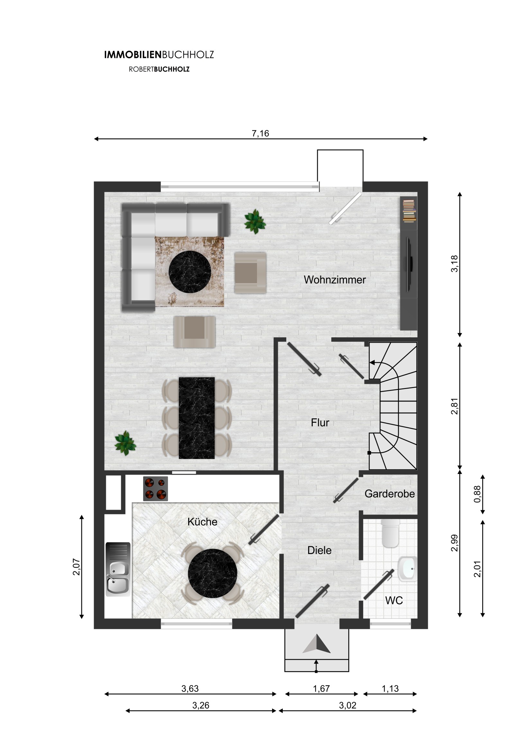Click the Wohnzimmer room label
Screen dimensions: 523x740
coord(335,280)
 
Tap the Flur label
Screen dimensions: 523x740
coord(320,422)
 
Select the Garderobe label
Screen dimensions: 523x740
coord(390,494)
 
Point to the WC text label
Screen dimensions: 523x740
coord(394,600)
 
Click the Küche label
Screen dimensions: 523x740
coord(202,522)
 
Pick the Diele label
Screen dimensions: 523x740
coord(319,550)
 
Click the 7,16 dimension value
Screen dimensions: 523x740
coord(260,134)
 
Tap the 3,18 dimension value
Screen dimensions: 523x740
coord(454,264)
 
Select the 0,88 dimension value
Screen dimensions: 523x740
coord(477,494)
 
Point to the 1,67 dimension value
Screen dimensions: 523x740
coord(321,689)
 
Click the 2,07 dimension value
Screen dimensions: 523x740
coord(76,567)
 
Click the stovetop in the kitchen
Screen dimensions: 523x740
coord(156,489)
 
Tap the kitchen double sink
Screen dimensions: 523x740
coord(118,569)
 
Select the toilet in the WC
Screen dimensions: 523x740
coord(390,533)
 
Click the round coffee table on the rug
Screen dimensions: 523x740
coord(190,272)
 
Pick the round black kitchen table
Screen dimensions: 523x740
coord(213,574)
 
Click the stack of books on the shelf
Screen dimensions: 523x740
coord(409,211)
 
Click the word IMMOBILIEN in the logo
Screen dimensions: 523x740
coord(133,55)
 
